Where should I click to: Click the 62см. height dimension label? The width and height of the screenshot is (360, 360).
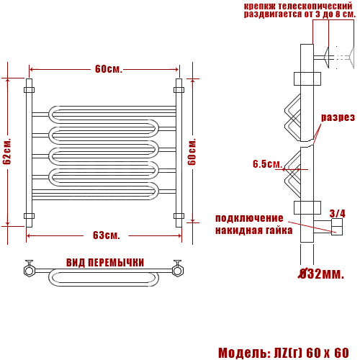click(7, 151)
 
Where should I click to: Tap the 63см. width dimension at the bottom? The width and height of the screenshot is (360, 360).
click(107, 235)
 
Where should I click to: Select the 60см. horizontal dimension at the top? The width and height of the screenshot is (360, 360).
click(109, 69)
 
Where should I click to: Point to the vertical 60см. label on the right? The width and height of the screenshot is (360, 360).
click(192, 152)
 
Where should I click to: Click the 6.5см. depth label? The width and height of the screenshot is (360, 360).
click(267, 164)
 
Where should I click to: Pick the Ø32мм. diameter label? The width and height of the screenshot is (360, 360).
click(321, 274)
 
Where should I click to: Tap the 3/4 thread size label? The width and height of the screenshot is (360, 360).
click(337, 213)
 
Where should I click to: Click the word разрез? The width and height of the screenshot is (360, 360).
click(338, 117)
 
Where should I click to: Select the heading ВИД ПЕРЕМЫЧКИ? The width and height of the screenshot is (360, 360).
click(105, 263)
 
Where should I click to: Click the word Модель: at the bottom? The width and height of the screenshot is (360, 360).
click(244, 353)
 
